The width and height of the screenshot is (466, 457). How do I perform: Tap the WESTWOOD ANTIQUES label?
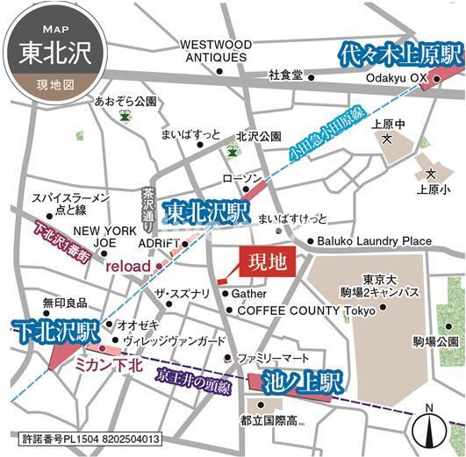coord(216,51)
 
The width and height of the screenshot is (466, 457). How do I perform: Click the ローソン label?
coord(242,178)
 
